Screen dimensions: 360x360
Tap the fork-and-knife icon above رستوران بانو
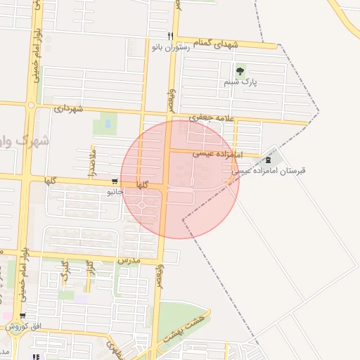click(169, 36)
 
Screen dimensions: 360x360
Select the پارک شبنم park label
click(240, 82)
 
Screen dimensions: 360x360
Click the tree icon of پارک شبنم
click(240, 70)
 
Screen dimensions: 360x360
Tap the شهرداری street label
click(68, 109)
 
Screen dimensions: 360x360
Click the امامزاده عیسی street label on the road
click(217, 153)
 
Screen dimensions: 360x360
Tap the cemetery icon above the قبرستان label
click(267, 159)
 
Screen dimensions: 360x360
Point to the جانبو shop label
click(115, 191)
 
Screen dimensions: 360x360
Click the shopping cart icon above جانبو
click(115, 181)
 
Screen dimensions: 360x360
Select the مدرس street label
click(130, 260)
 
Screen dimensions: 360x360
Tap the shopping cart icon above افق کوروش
click(23, 316)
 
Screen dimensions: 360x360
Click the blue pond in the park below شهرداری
click(108, 124)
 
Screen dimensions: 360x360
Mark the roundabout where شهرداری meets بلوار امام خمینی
click(31, 105)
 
